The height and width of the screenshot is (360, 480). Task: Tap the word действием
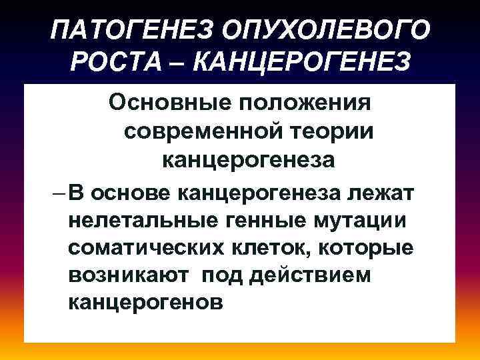coord(311,275)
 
